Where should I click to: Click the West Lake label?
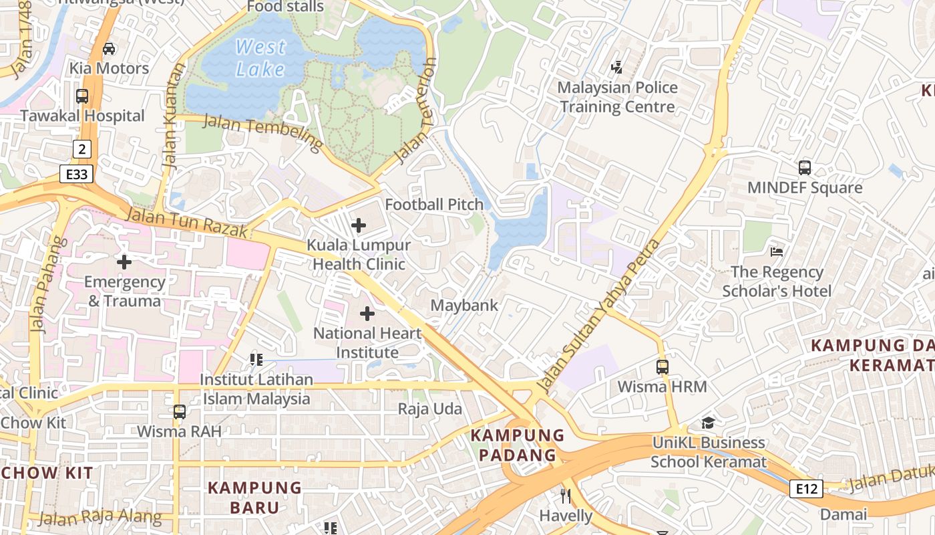pyautogui.click(x=260, y=58)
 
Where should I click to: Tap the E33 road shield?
pyautogui.click(x=76, y=175)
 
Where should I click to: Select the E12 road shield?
pyautogui.click(x=806, y=489)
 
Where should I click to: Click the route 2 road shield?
pyautogui.click(x=81, y=148)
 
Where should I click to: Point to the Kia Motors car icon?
pyautogui.click(x=109, y=49)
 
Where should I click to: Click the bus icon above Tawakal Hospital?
pyautogui.click(x=82, y=96)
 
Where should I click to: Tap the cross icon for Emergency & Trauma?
pyautogui.click(x=124, y=261)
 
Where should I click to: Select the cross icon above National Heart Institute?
pyautogui.click(x=367, y=313)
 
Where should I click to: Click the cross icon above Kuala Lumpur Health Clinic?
pyautogui.click(x=359, y=225)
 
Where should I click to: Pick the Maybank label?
pyautogui.click(x=464, y=306)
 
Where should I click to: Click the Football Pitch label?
pyautogui.click(x=434, y=205)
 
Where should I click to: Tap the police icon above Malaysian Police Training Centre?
pyautogui.click(x=617, y=67)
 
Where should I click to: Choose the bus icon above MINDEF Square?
pyautogui.click(x=805, y=168)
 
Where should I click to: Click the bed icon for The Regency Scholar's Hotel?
pyautogui.click(x=777, y=252)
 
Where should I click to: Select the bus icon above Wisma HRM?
pyautogui.click(x=662, y=366)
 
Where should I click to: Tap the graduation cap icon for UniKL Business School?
pyautogui.click(x=708, y=423)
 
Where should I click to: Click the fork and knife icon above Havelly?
pyautogui.click(x=566, y=496)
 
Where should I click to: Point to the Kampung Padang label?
pyautogui.click(x=518, y=445)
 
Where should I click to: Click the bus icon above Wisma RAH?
pyautogui.click(x=179, y=411)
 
